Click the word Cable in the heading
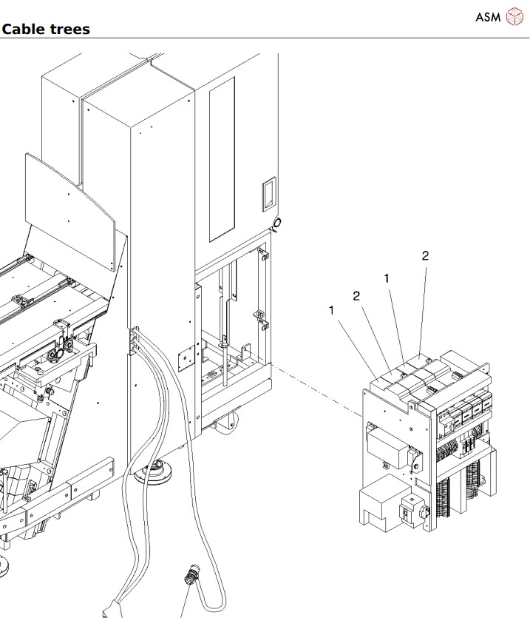(24, 29)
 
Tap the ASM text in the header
(488, 17)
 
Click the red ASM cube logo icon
(514, 16)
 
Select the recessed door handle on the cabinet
(269, 194)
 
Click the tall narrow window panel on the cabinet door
(222, 159)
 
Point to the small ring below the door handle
(276, 223)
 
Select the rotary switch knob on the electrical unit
(424, 511)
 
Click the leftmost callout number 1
(332, 310)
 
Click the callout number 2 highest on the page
(425, 256)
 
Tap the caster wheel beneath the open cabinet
(227, 422)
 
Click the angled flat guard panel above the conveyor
(70, 211)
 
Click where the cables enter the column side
(135, 339)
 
